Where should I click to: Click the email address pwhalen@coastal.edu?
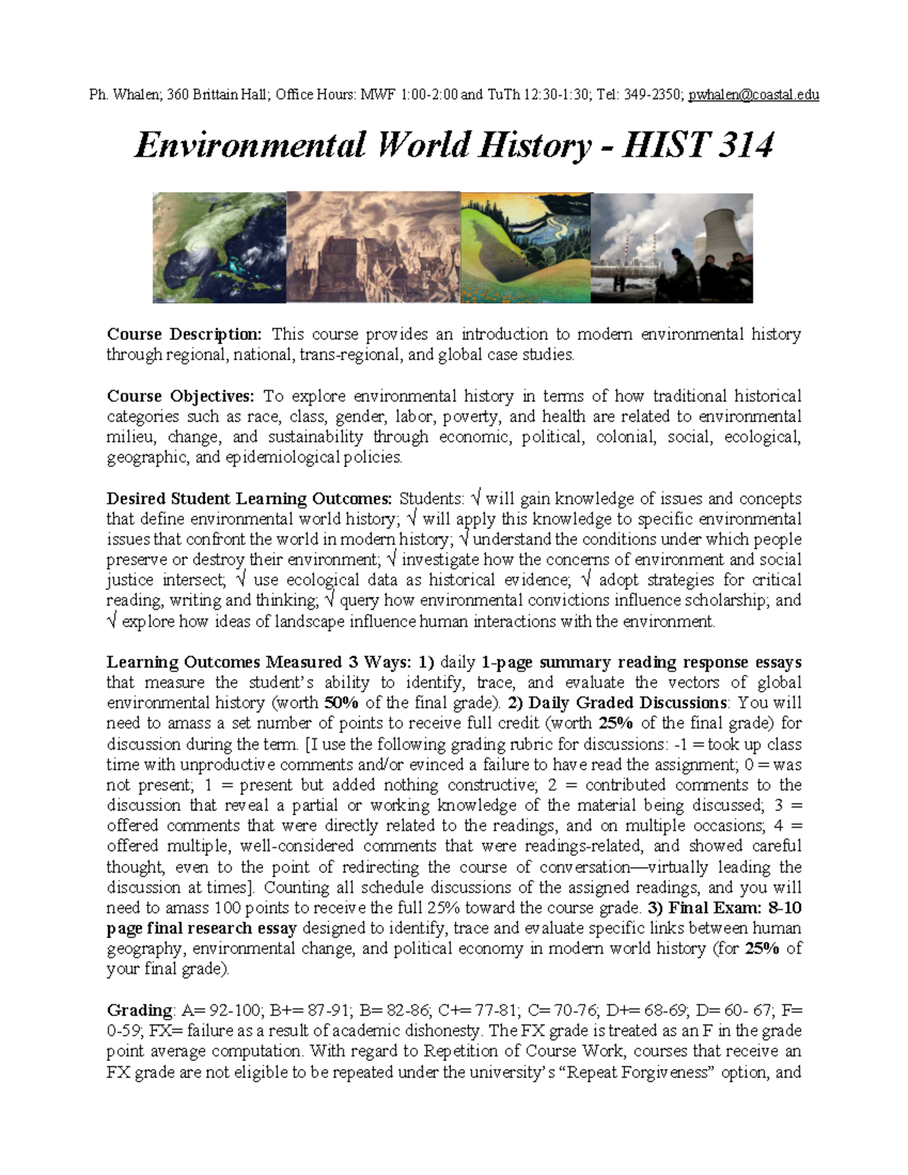[754, 95]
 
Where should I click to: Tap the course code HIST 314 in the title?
[697, 145]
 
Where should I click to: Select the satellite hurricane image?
[219, 247]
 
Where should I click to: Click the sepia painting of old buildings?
[373, 247]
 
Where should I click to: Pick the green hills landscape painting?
[525, 247]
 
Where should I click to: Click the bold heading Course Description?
[185, 334]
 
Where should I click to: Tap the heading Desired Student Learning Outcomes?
[250, 499]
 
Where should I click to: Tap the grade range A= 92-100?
[221, 1010]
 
